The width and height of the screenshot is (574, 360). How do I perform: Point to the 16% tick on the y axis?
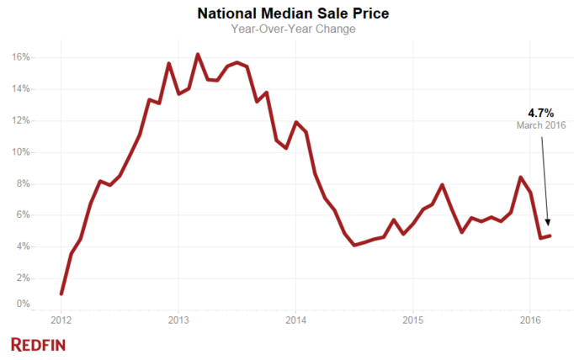tap(21, 57)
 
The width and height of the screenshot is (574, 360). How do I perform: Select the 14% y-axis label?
tap(21, 89)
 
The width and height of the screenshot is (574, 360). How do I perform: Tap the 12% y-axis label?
tap(21, 120)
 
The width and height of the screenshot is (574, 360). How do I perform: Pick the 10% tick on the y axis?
tap(21, 152)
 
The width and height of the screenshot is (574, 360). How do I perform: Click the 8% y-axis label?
tap(24, 183)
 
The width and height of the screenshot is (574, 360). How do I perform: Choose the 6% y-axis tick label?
tap(24, 214)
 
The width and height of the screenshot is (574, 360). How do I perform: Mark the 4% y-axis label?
tap(24, 246)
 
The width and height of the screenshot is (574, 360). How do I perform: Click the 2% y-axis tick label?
tap(24, 278)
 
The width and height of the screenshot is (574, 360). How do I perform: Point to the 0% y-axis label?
tap(24, 304)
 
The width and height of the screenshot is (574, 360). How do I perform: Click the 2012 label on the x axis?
tap(61, 320)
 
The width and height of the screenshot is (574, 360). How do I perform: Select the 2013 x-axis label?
tap(178, 320)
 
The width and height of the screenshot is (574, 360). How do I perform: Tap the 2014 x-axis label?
tap(295, 320)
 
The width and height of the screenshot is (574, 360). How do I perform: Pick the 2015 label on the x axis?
tap(412, 320)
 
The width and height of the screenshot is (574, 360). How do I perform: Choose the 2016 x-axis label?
tap(530, 320)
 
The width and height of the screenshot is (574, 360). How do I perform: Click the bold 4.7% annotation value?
tap(540, 114)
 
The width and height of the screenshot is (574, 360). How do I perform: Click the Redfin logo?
tap(38, 344)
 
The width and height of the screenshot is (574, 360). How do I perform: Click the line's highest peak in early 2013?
tap(198, 55)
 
